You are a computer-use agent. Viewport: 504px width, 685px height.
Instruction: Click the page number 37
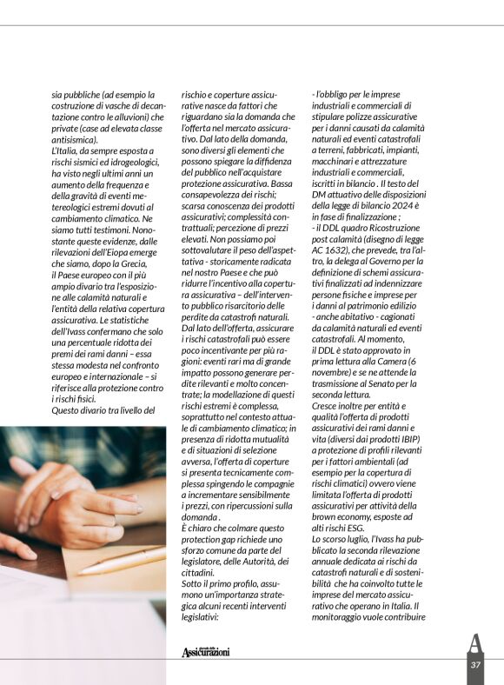(475, 664)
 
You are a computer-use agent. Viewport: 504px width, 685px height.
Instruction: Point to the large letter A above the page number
(474, 643)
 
